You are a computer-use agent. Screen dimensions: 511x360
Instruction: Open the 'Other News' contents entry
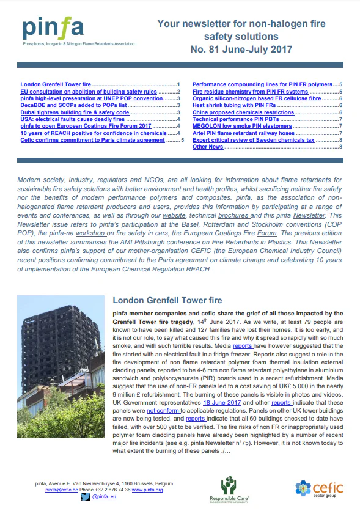[208, 147]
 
